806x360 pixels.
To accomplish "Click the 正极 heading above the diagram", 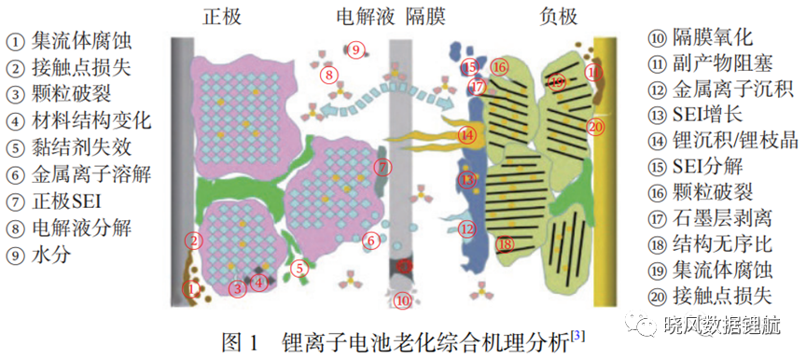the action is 221,17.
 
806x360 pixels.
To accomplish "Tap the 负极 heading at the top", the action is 559,17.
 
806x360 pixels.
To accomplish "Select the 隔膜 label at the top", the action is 425,17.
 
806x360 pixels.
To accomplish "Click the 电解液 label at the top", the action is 366,17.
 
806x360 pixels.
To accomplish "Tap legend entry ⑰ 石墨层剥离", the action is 709,219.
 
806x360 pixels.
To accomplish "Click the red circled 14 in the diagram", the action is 466,135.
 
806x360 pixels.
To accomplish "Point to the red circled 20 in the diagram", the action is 594,127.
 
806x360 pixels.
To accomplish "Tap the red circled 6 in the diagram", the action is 370,240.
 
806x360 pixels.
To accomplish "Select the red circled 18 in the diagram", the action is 506,245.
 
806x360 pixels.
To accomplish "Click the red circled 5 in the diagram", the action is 300,268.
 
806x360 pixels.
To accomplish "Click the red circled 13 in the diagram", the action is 466,180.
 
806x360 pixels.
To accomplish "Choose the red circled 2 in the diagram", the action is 193,240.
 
